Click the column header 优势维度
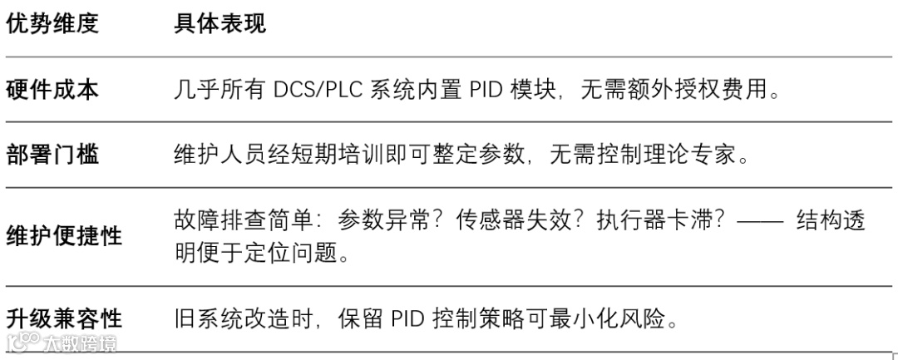click(52, 23)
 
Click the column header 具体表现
click(220, 23)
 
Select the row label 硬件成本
click(52, 89)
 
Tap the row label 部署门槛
click(52, 155)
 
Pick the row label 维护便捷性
click(64, 236)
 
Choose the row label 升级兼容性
click(64, 318)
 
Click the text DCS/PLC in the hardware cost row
click(322, 89)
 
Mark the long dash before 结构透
click(762, 221)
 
